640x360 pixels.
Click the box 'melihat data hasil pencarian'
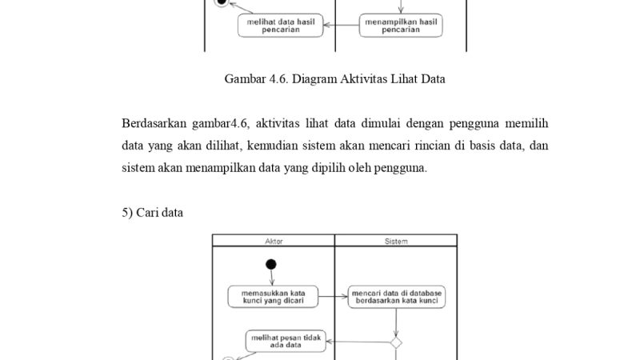(x=280, y=25)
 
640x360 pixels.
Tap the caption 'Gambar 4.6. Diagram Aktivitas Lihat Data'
(x=334, y=78)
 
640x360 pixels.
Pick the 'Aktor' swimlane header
(x=273, y=240)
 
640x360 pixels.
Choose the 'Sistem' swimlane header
(x=396, y=240)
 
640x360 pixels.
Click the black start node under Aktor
(x=271, y=265)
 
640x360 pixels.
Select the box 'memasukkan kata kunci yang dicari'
(x=272, y=298)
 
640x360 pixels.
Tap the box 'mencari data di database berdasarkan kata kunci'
(x=397, y=298)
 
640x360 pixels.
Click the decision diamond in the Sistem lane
(x=396, y=342)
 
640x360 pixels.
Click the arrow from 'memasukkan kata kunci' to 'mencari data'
(x=331, y=298)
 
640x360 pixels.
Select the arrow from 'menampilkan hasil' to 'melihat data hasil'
(x=341, y=25)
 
